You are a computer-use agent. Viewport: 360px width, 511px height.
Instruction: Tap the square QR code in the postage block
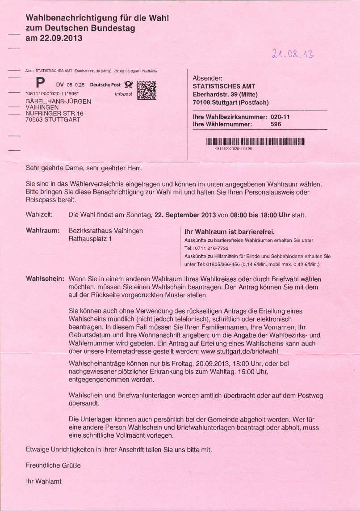[x=147, y=90]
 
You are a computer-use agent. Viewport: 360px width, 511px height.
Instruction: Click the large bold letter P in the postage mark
[x=41, y=84]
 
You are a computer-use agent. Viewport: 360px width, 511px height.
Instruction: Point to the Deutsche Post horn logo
[x=129, y=84]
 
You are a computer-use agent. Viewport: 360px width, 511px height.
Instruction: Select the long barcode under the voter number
[x=255, y=142]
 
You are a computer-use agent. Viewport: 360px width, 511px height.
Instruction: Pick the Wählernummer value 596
[x=276, y=124]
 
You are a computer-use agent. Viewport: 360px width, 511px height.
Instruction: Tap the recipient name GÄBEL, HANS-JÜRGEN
[x=58, y=101]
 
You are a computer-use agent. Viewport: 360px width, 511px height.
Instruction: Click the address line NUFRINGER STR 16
[x=54, y=114]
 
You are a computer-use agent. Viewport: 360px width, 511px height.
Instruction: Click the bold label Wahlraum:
[x=43, y=231]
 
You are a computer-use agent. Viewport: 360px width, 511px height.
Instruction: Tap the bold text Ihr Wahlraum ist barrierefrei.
[x=229, y=232]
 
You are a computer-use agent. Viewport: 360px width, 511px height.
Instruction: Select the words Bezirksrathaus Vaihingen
[x=105, y=231]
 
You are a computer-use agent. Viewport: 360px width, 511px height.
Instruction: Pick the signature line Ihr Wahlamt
[x=44, y=481]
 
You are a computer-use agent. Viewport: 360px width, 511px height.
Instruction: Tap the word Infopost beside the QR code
[x=123, y=94]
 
